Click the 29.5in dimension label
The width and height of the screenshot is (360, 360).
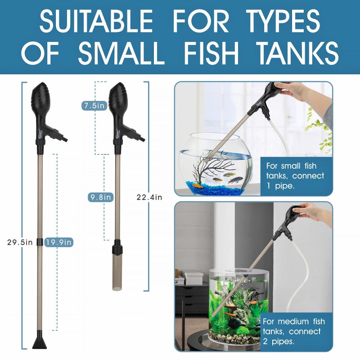(x=20, y=242)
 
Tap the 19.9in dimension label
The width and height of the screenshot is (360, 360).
(x=59, y=242)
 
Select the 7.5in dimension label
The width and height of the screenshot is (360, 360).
(x=94, y=106)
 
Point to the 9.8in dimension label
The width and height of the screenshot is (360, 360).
(x=100, y=197)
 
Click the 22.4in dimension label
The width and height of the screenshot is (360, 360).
(x=149, y=197)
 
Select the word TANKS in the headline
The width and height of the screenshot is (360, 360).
(x=301, y=54)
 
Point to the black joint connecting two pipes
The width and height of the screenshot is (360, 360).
(x=40, y=242)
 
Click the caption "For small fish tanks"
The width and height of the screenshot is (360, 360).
(x=295, y=175)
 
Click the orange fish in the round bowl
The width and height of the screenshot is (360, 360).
(x=197, y=184)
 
